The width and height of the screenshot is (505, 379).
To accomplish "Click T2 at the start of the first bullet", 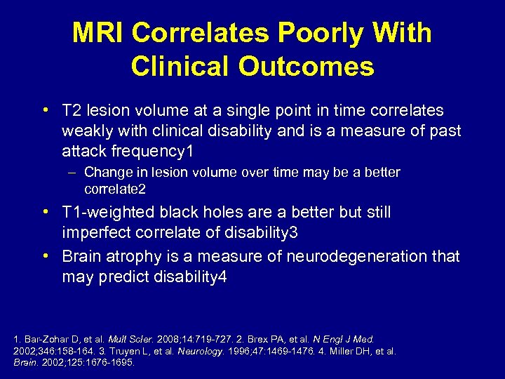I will click(71, 111).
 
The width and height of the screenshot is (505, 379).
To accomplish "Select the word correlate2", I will click(114, 189).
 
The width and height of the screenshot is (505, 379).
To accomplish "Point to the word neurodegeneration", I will click(343, 256).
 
